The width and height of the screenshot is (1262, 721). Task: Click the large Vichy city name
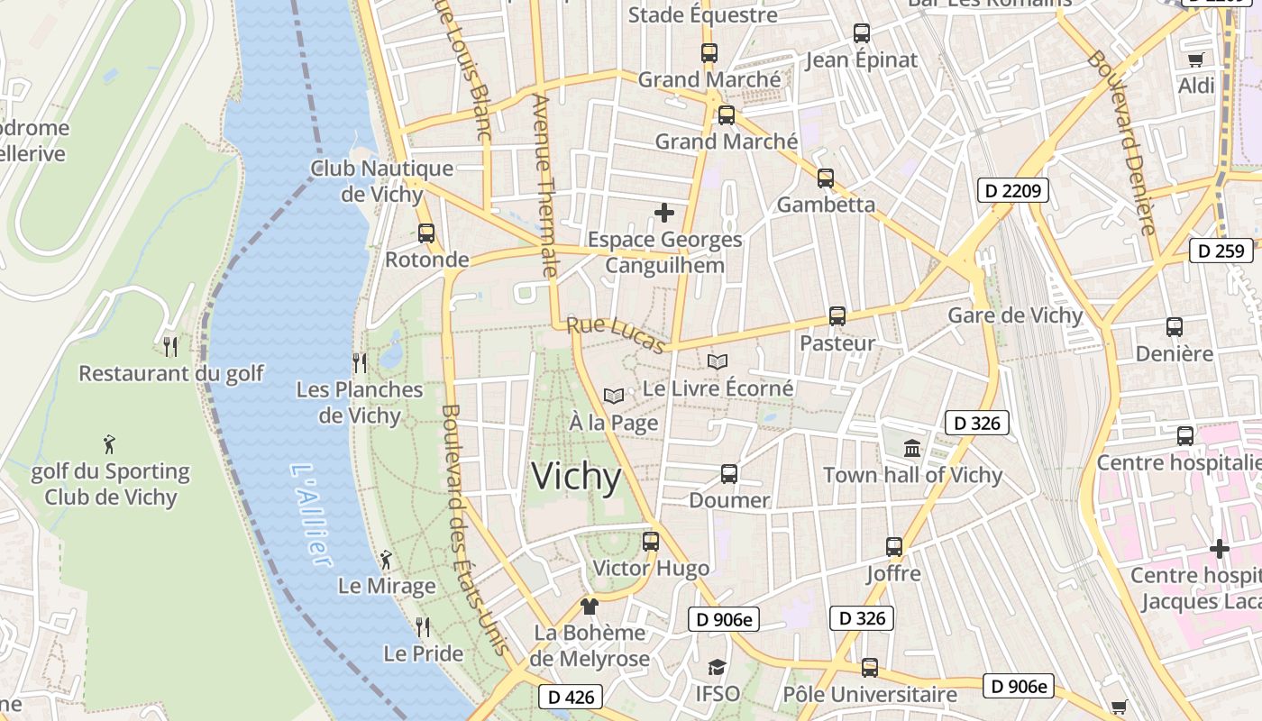576,477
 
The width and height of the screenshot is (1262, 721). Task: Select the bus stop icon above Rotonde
426,233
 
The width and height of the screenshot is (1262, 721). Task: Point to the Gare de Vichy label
1014,315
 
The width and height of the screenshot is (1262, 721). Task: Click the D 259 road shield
1221,251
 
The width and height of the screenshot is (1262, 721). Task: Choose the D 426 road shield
570,697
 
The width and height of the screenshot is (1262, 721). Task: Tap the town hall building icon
912,448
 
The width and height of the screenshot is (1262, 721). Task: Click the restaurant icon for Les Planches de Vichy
360,363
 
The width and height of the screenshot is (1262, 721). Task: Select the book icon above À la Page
614,396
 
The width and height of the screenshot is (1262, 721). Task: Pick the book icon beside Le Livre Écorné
718,362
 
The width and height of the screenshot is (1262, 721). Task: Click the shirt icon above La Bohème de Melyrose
590,606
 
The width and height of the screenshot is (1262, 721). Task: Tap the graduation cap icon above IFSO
717,667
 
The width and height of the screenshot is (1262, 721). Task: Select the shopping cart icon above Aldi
1196,59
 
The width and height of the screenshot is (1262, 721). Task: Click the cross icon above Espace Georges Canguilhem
664,213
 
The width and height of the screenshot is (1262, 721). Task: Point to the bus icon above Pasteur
837,316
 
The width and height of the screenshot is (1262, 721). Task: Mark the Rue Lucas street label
617,334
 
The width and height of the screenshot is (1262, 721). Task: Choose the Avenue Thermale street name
546,185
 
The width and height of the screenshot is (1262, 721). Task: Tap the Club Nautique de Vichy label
381,181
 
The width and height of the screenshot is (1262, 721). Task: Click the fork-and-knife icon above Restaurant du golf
170,346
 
